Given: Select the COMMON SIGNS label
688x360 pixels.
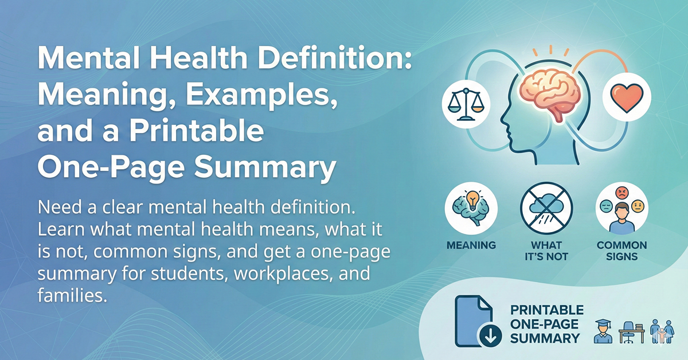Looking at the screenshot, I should point(622,251).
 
